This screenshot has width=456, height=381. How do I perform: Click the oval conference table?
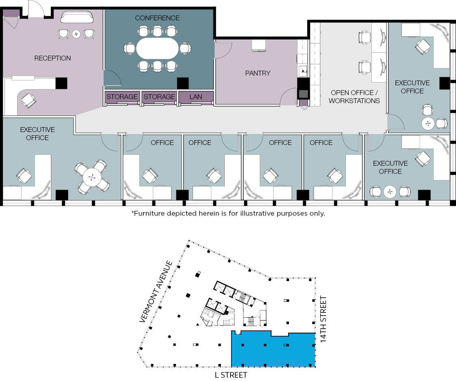[x=157, y=48]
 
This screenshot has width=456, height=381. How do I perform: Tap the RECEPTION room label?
[x=52, y=58]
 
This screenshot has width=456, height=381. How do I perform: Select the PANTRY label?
[x=258, y=73]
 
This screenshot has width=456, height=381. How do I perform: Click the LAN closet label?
[x=196, y=97]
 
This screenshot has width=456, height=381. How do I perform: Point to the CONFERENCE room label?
[x=157, y=18]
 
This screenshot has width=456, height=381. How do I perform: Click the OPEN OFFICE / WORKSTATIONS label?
[x=354, y=97]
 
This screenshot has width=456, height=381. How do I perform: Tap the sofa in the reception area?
[x=77, y=17]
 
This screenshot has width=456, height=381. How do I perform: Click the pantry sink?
[x=303, y=71]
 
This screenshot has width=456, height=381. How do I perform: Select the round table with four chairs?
[x=92, y=177]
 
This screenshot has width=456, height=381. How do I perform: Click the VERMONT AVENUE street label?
[x=156, y=292]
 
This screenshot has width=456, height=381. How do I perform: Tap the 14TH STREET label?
[x=324, y=319]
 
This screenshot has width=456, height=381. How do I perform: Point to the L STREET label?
[x=230, y=375]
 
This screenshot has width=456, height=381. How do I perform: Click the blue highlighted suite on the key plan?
[x=274, y=350]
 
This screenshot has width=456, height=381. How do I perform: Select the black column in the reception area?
[x=61, y=83]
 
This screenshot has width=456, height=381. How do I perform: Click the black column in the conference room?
[x=183, y=83]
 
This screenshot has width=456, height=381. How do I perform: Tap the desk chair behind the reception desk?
[x=28, y=100]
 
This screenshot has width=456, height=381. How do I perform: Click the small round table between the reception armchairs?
[x=76, y=34]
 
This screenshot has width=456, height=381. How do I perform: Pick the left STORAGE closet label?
[x=122, y=97]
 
